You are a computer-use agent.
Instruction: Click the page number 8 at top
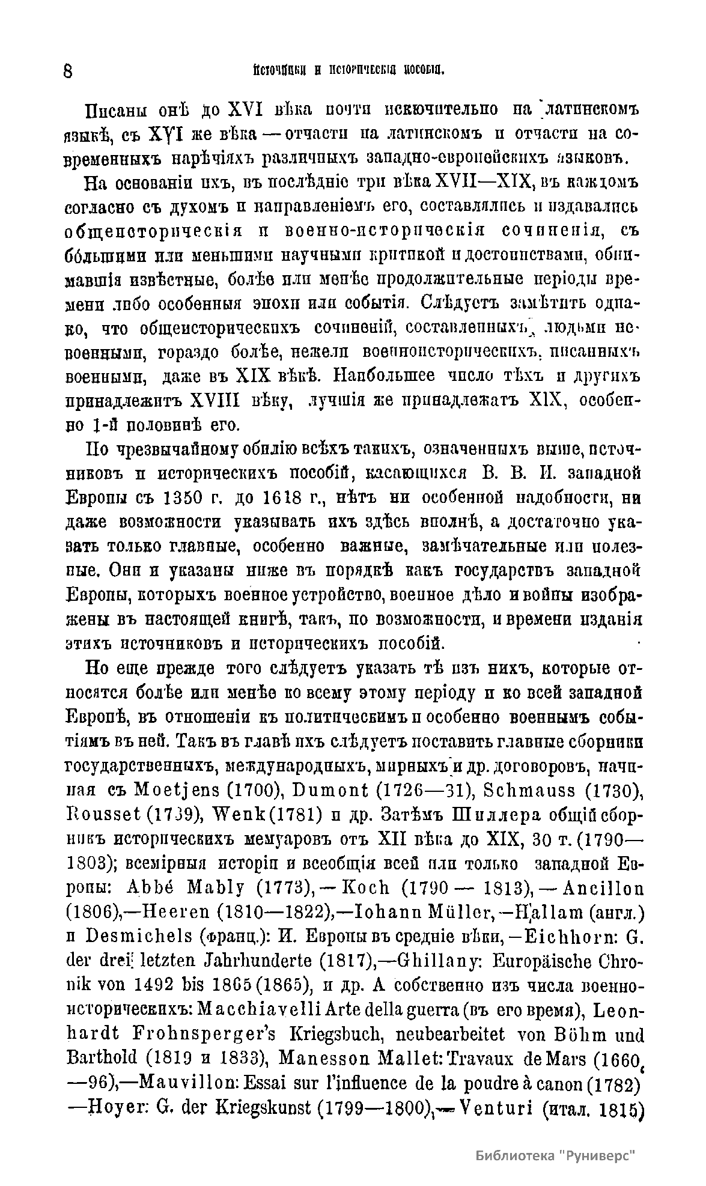[x=68, y=71]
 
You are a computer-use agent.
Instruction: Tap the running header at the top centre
[x=348, y=70]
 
